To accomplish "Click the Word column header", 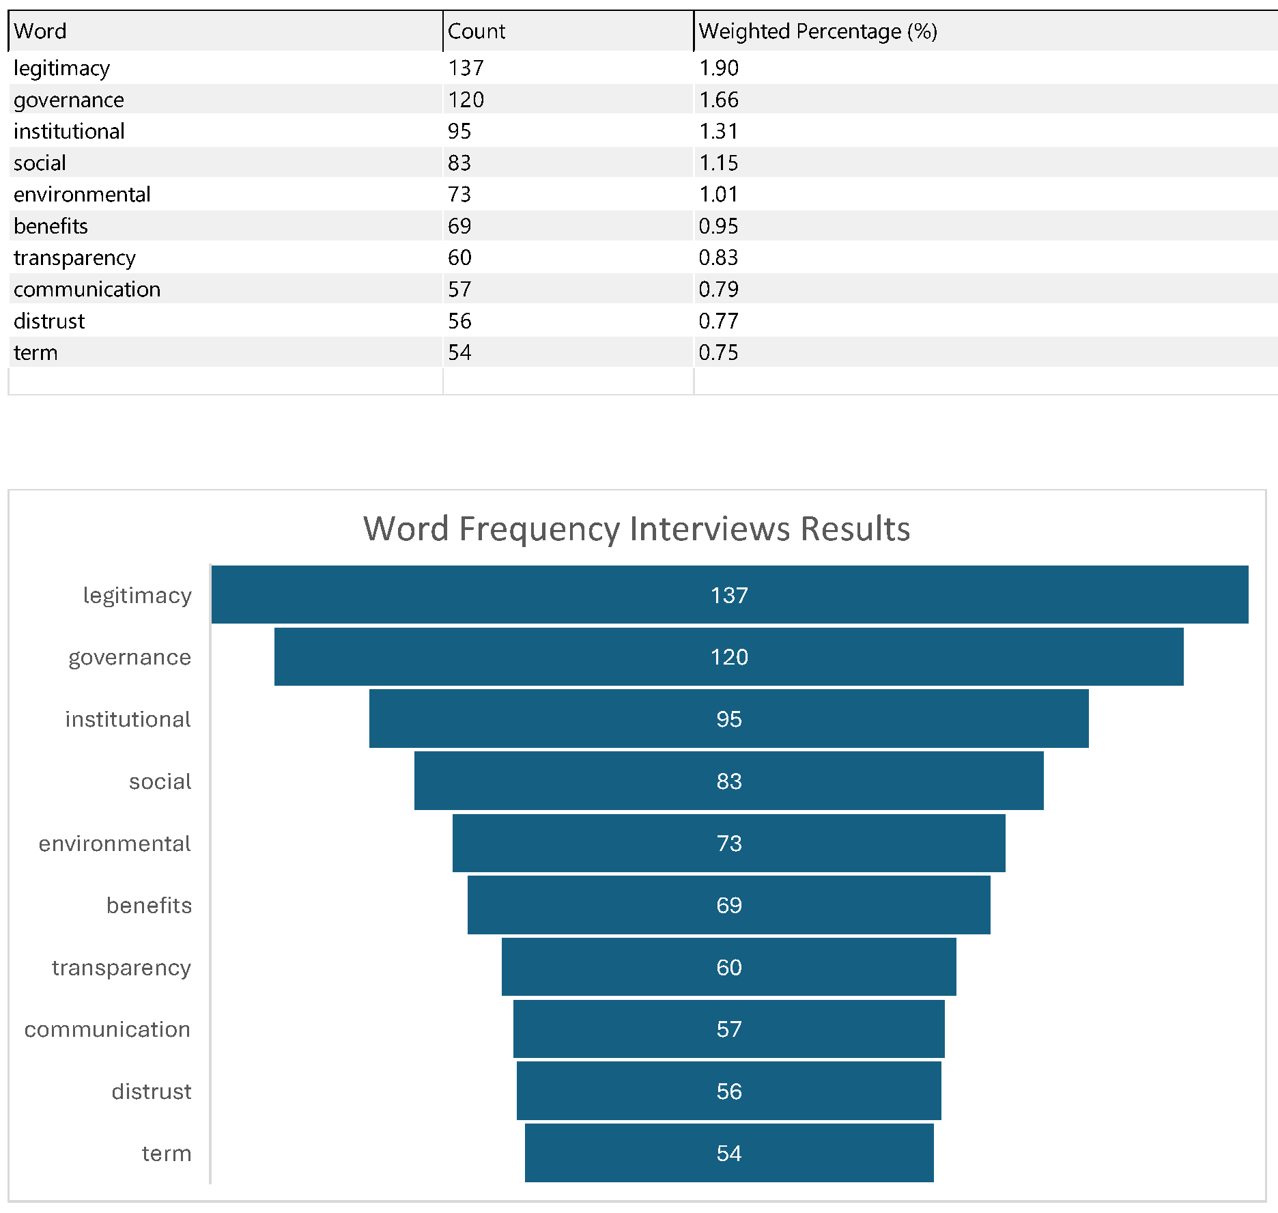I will (40, 31).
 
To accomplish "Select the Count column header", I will (477, 31).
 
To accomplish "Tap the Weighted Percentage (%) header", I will (817, 31).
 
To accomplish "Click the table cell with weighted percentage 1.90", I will (719, 68).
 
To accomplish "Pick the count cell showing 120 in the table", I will (466, 100).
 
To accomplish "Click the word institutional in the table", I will (69, 131).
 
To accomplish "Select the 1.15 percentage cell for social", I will (719, 163).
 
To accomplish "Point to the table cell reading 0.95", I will (718, 226).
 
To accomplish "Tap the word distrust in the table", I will (49, 321).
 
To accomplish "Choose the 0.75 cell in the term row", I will (718, 352).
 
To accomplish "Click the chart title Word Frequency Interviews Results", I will (636, 529).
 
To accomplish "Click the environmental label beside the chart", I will (115, 843).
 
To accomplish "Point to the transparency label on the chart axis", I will (122, 968).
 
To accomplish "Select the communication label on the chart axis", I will (107, 1029).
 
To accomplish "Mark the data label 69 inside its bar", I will (729, 906).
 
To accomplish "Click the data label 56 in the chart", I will (729, 1091).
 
